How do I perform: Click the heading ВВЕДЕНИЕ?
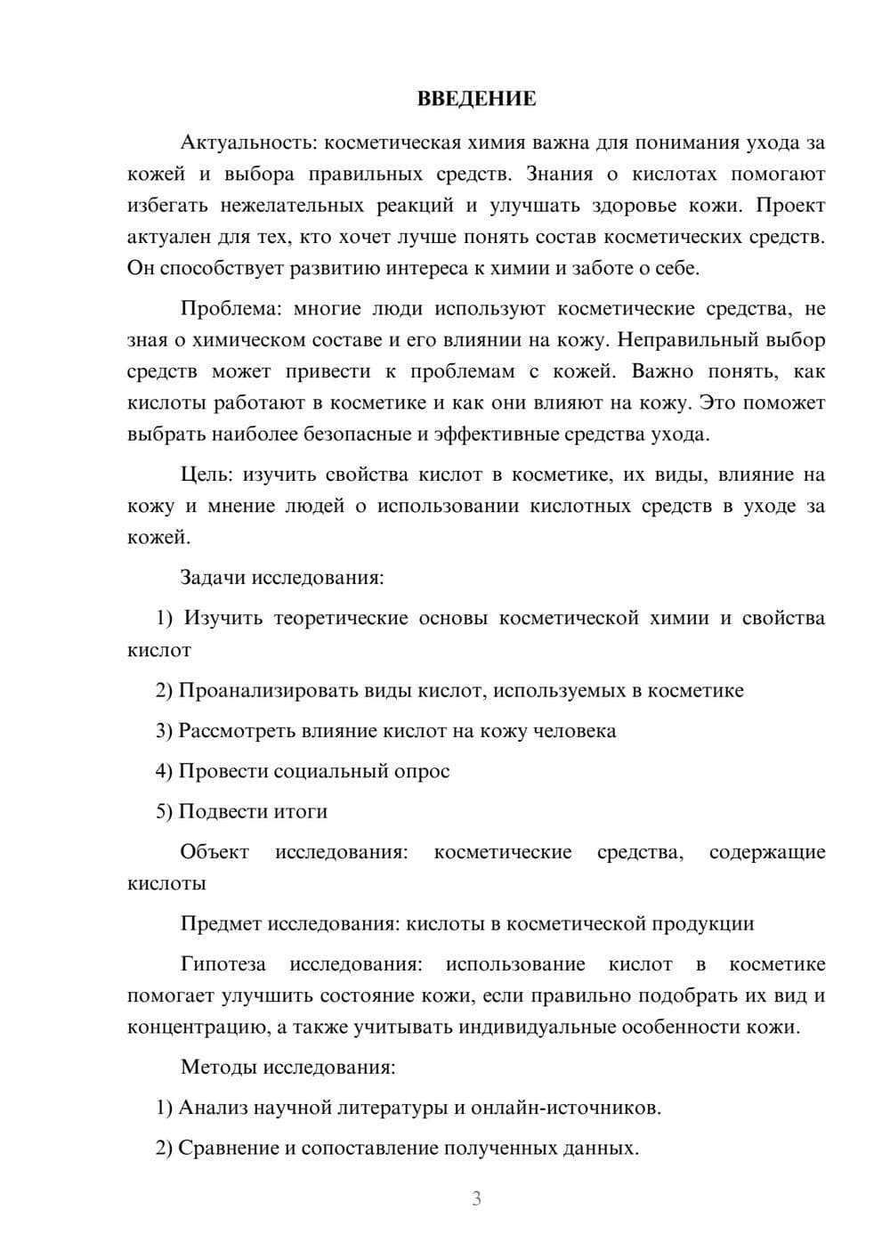tap(476, 99)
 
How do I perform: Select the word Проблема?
tap(231, 309)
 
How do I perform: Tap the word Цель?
tap(206, 475)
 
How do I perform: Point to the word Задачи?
tap(213, 577)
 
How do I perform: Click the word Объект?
tap(214, 852)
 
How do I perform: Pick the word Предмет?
tap(221, 923)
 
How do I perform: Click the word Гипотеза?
tap(222, 964)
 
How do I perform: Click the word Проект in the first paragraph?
tap(790, 206)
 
